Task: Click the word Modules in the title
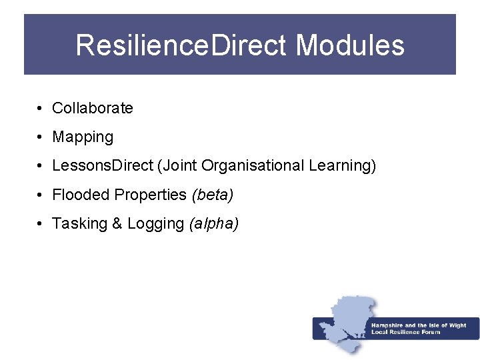click(350, 45)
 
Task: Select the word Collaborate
click(93, 108)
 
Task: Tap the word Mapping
click(83, 137)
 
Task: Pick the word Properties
click(151, 195)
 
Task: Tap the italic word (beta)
click(212, 195)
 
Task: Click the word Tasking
click(79, 223)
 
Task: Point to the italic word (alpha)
click(214, 224)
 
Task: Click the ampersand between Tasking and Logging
click(117, 223)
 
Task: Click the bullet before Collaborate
click(41, 109)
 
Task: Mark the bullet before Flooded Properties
click(41, 195)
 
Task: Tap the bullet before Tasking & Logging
click(41, 224)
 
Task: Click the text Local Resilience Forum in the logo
click(405, 332)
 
